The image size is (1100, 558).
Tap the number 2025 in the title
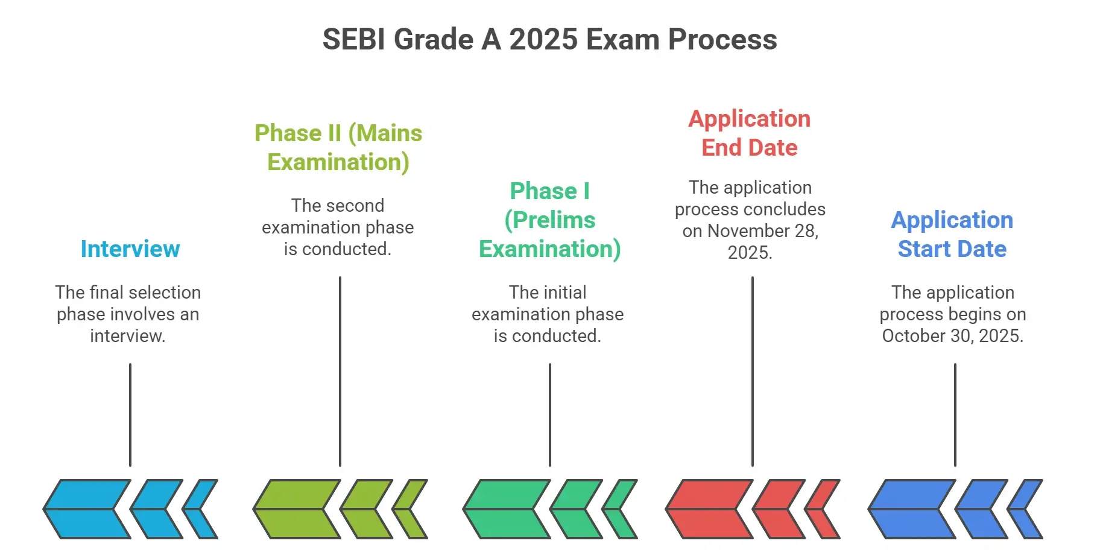543,40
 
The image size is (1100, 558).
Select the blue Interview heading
130,249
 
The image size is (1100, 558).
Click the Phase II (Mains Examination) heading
338,148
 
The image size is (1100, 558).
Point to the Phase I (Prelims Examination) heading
549,220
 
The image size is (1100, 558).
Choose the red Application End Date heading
750,133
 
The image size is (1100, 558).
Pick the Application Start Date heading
952,235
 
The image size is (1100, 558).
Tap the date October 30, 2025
953,336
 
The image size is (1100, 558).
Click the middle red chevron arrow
778,509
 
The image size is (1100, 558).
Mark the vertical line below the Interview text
130,415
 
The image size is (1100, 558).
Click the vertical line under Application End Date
753,372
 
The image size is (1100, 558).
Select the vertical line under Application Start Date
955,415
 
